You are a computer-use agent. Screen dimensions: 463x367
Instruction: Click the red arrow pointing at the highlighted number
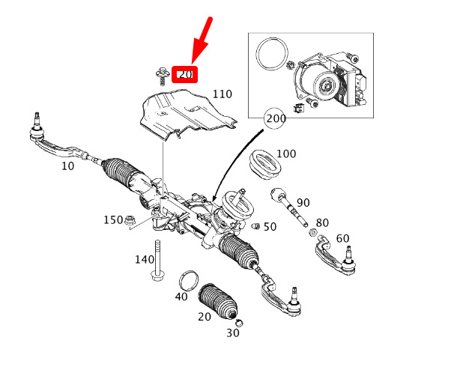pos(202,40)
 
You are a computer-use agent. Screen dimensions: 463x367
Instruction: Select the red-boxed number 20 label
pos(185,74)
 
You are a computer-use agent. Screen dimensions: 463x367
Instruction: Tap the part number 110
pos(223,94)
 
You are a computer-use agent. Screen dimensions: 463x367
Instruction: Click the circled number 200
pos(275,118)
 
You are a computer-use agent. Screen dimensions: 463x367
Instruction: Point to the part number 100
pos(286,154)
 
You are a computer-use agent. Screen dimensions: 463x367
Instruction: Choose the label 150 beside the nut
pos(113,220)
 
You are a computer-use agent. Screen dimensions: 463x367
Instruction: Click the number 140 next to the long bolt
pos(145,260)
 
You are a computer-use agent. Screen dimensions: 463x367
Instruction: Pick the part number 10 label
pos(67,166)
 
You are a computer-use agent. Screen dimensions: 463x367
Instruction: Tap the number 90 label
pos(303,203)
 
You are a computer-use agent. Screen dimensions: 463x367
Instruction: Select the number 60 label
pos(343,238)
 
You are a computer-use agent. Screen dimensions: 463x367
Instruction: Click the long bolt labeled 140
pos(157,261)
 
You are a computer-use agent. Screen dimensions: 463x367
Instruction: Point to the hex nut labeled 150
pos(129,220)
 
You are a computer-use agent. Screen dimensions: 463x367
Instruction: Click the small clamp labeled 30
pos(240,322)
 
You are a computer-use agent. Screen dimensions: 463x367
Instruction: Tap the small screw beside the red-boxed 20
pos(161,76)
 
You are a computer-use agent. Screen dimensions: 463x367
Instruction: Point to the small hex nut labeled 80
pos(312,232)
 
